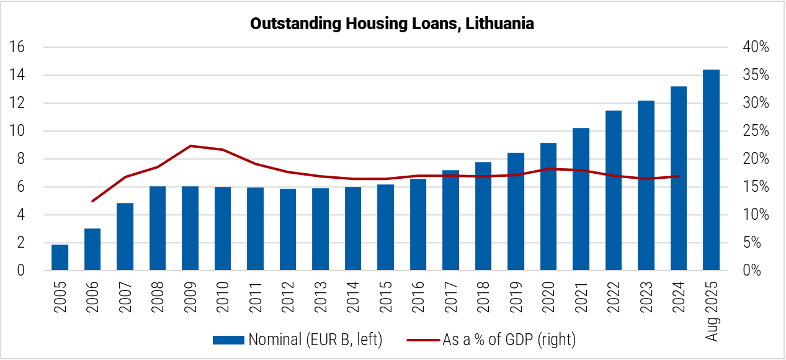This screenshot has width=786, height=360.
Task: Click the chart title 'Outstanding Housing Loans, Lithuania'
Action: (392, 24)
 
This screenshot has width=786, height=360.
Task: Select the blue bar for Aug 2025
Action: (711, 170)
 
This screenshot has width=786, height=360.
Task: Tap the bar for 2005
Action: (60, 258)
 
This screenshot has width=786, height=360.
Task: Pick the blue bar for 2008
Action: (158, 228)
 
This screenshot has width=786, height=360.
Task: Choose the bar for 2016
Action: (418, 225)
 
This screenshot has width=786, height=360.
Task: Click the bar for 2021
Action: (581, 199)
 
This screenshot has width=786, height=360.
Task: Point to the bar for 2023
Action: (646, 186)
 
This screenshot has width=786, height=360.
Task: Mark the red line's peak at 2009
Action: (190, 146)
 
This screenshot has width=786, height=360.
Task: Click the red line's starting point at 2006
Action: (92, 201)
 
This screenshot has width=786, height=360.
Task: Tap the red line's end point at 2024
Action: (679, 176)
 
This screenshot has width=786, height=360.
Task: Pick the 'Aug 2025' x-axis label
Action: (712, 310)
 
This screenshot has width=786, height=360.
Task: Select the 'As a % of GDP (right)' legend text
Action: (509, 340)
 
